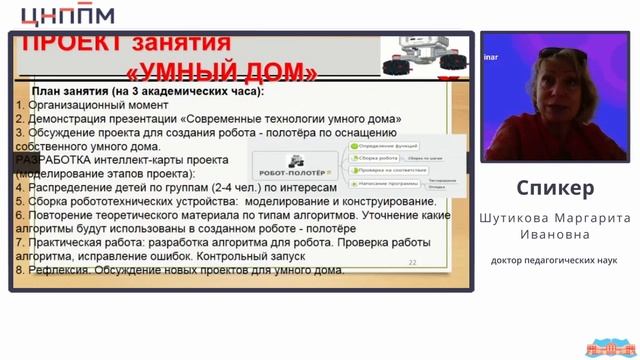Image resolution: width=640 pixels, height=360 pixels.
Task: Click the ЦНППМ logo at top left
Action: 67,14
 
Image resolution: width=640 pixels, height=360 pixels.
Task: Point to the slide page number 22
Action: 412,262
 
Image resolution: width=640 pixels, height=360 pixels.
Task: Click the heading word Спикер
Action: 556,188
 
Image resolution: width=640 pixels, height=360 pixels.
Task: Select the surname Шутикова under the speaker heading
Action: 517,217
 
